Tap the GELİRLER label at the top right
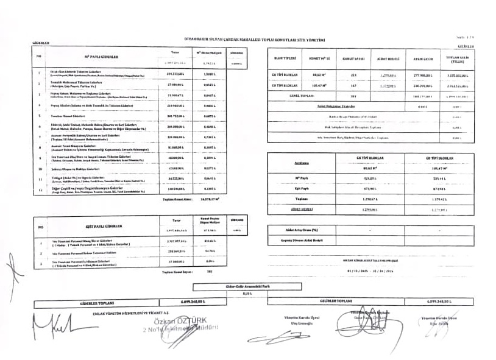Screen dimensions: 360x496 coord(465,46)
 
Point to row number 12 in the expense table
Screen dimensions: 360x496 coord(38,190)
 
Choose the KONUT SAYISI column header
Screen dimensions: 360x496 coord(353,59)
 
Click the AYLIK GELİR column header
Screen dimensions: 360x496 coord(423,59)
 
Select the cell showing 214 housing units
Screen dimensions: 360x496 coord(353,76)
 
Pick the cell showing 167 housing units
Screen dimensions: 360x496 coord(353,86)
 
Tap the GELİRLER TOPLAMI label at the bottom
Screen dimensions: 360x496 coord(336,302)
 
